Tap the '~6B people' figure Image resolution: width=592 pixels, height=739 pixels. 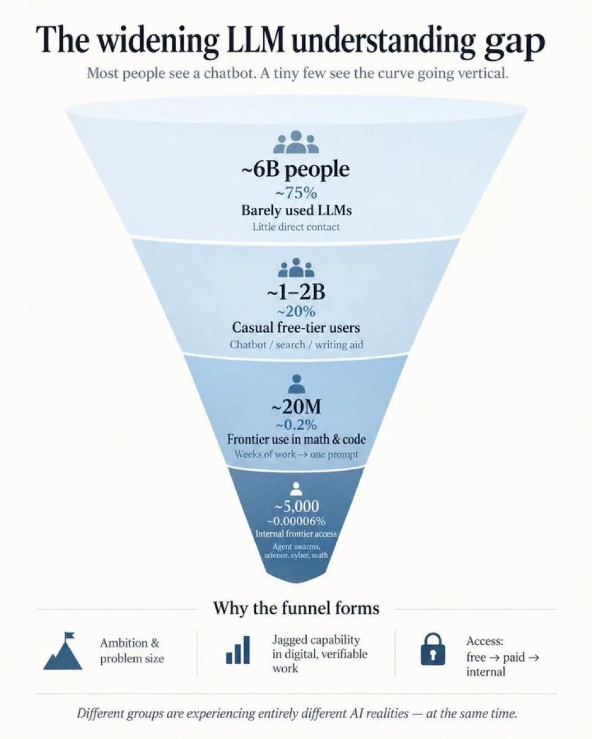296,170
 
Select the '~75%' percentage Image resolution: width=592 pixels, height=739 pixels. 296,193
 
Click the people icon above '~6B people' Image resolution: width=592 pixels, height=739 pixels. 296,142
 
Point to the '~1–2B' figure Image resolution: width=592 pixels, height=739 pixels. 296,292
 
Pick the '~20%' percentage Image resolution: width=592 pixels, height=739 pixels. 296,312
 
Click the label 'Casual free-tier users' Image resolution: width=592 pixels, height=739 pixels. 296,327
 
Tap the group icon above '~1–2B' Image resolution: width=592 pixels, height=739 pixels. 296,267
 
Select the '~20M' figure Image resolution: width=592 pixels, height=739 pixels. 296,407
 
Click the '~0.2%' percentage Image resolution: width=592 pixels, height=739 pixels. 296,425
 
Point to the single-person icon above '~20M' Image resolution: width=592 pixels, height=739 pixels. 296,383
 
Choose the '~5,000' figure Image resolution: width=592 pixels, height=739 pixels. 296,506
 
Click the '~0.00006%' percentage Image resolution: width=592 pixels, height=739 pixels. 296,521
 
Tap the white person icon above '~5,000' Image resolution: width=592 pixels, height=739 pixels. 296,489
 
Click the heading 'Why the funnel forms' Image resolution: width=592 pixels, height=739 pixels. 296,608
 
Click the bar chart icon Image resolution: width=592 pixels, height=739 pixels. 238,651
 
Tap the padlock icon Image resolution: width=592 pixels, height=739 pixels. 433,650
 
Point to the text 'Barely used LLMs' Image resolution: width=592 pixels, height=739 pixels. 296,210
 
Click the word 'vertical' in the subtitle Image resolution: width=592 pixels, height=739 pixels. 483,73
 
